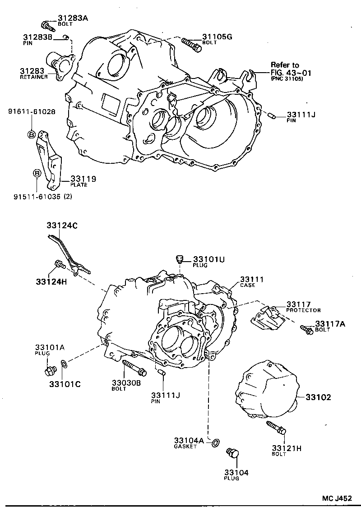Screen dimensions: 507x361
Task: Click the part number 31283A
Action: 73,18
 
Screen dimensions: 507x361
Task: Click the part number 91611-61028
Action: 32,111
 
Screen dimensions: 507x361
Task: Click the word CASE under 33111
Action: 247,285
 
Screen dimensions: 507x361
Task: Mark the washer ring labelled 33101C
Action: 64,364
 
